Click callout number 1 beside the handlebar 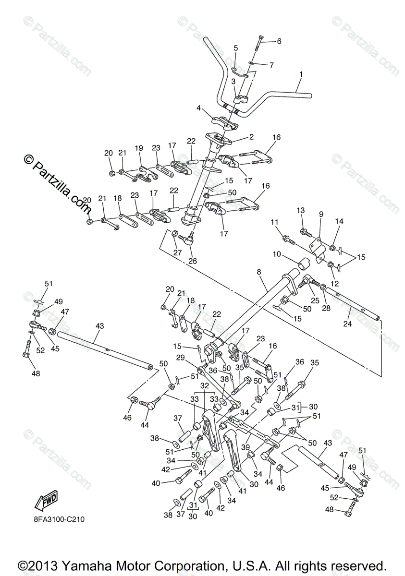pyautogui.click(x=301, y=74)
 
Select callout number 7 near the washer pyautogui.click(x=271, y=65)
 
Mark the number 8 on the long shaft pyautogui.click(x=259, y=272)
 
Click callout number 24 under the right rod pyautogui.click(x=347, y=324)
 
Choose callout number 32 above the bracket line pyautogui.click(x=204, y=386)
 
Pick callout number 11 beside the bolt pyautogui.click(x=274, y=222)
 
